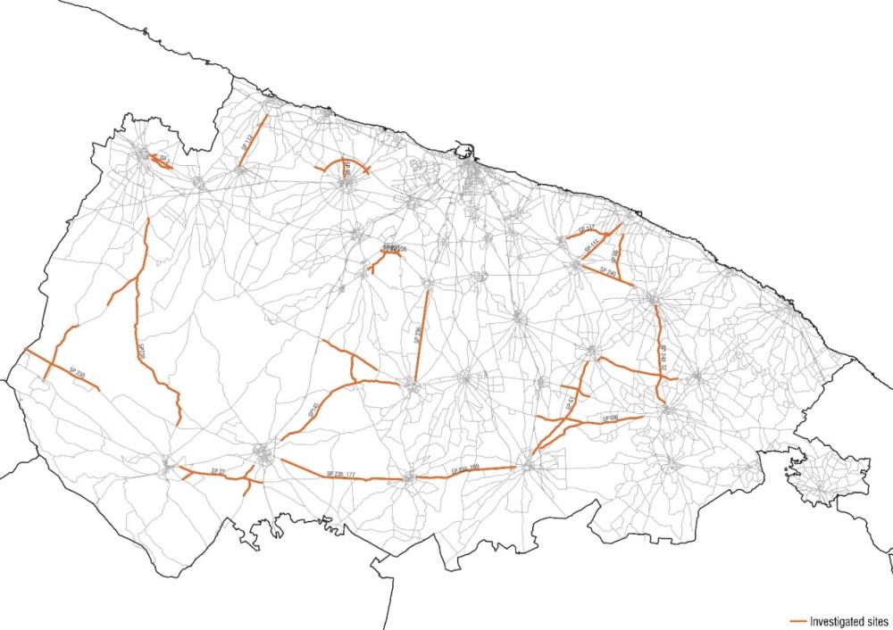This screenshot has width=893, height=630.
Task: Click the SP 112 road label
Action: tap(247, 143)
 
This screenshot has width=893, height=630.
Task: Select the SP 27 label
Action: tap(216, 468)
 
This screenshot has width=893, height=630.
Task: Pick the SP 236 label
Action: tap(419, 335)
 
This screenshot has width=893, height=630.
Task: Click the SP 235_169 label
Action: tap(464, 468)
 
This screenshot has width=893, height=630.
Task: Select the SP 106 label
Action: tap(612, 417)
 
